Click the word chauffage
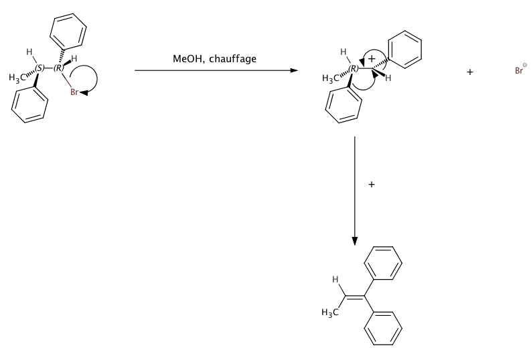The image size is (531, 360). [233, 60]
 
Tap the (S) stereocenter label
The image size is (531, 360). [41, 68]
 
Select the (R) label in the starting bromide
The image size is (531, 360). [60, 68]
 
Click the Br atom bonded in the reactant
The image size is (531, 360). [76, 93]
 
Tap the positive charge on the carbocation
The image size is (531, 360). [372, 60]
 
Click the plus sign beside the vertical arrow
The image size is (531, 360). [372, 184]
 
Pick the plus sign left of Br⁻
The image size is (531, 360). [470, 72]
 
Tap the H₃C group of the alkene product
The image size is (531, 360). [329, 314]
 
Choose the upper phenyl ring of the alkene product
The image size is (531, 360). [385, 264]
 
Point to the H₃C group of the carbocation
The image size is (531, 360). [331, 79]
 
